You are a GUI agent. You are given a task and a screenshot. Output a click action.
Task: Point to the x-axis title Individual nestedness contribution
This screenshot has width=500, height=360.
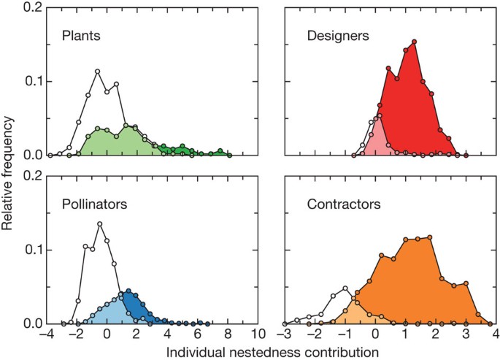[272, 352]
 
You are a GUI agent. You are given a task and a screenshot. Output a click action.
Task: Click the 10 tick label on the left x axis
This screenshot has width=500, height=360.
[258, 336]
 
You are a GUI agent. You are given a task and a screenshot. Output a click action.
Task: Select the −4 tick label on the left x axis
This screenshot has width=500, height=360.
[47, 336]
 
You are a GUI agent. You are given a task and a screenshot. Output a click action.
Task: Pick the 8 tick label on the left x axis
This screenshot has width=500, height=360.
[228, 336]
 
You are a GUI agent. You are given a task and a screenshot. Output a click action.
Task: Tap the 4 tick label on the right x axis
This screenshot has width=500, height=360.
[493, 336]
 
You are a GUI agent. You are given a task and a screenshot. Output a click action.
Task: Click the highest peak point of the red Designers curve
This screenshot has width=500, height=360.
[414, 42]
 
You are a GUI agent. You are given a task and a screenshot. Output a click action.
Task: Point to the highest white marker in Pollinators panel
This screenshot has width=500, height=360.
[99, 224]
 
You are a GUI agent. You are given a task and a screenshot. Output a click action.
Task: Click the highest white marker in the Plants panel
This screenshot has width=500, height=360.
[97, 72]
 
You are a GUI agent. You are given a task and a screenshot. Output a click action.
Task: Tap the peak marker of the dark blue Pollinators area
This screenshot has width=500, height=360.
[128, 291]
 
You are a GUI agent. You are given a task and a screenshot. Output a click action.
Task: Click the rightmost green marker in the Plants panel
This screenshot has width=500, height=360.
[229, 155]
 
